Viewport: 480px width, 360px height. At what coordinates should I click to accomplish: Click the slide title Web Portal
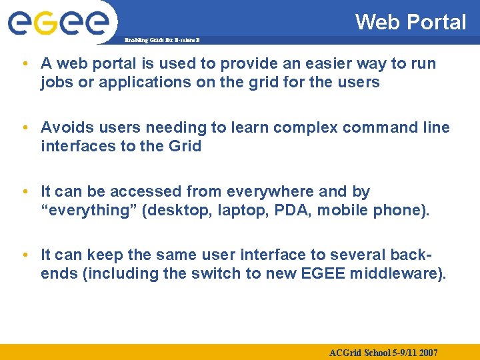tap(411, 22)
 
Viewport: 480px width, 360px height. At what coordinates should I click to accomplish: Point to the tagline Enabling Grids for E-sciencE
tap(162, 41)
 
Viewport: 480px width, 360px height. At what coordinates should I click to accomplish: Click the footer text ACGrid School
tap(361, 352)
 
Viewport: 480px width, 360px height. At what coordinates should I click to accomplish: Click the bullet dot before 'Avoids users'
tap(24, 127)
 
